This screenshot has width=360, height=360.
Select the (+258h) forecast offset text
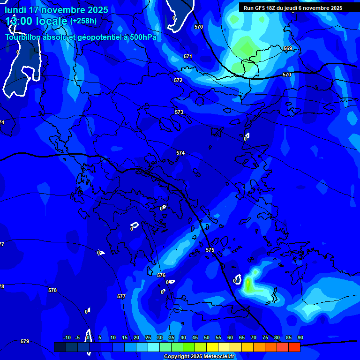point(83,21)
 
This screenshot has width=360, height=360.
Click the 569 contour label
point(287,49)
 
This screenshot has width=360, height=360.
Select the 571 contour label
point(188,56)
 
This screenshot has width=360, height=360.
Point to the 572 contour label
point(178,81)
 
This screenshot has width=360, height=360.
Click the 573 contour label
point(179,112)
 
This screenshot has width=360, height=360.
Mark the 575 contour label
point(210,250)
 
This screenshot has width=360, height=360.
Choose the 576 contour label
point(161,276)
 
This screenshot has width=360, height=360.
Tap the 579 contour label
point(25,341)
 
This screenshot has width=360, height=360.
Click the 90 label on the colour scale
point(300,338)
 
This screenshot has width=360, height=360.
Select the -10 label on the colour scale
point(67,338)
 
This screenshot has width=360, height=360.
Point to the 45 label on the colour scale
point(195,338)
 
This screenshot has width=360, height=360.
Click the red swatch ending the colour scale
point(294,347)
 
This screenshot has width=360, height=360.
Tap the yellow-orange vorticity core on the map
point(247,284)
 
